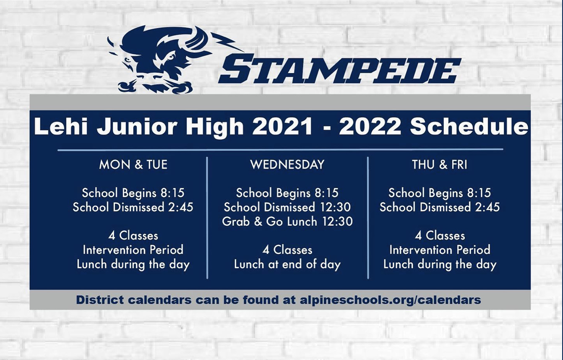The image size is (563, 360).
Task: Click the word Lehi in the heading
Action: point(61,126)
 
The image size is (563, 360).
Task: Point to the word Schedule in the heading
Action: point(469,126)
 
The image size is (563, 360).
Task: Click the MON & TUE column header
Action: point(133,165)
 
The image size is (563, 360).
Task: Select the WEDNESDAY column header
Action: point(287,164)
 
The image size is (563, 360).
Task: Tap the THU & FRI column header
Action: point(440,165)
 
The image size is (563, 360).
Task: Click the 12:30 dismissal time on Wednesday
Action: point(335,207)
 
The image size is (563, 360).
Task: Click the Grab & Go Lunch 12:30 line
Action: point(287,222)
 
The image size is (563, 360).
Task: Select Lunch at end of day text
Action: point(287,265)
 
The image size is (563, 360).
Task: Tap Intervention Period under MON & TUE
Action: point(133,250)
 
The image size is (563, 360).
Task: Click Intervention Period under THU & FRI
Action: point(440,250)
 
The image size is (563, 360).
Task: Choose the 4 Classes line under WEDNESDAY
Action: point(287,250)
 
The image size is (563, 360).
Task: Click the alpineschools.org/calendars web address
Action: point(390,300)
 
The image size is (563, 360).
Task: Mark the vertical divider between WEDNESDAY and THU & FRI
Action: point(368,218)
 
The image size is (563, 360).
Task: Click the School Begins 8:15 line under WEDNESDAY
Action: point(287,193)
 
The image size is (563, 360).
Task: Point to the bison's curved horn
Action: point(198,38)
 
